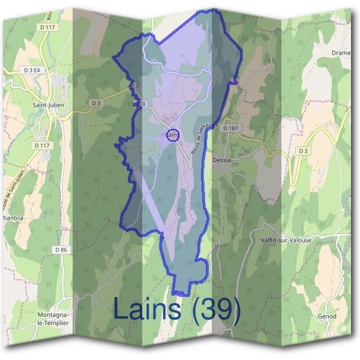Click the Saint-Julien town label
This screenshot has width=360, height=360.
point(49,104)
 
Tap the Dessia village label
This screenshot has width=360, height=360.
point(221,161)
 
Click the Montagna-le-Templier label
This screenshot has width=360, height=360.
point(53,319)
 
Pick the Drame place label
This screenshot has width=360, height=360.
point(341,52)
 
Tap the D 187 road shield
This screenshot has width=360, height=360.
point(230,128)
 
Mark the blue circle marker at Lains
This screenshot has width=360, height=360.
point(173,136)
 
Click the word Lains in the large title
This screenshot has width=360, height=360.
point(146,309)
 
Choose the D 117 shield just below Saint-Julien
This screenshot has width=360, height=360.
point(43,145)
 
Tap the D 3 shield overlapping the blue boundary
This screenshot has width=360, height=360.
point(140,104)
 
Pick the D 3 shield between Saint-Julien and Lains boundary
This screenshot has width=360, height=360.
point(96,103)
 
